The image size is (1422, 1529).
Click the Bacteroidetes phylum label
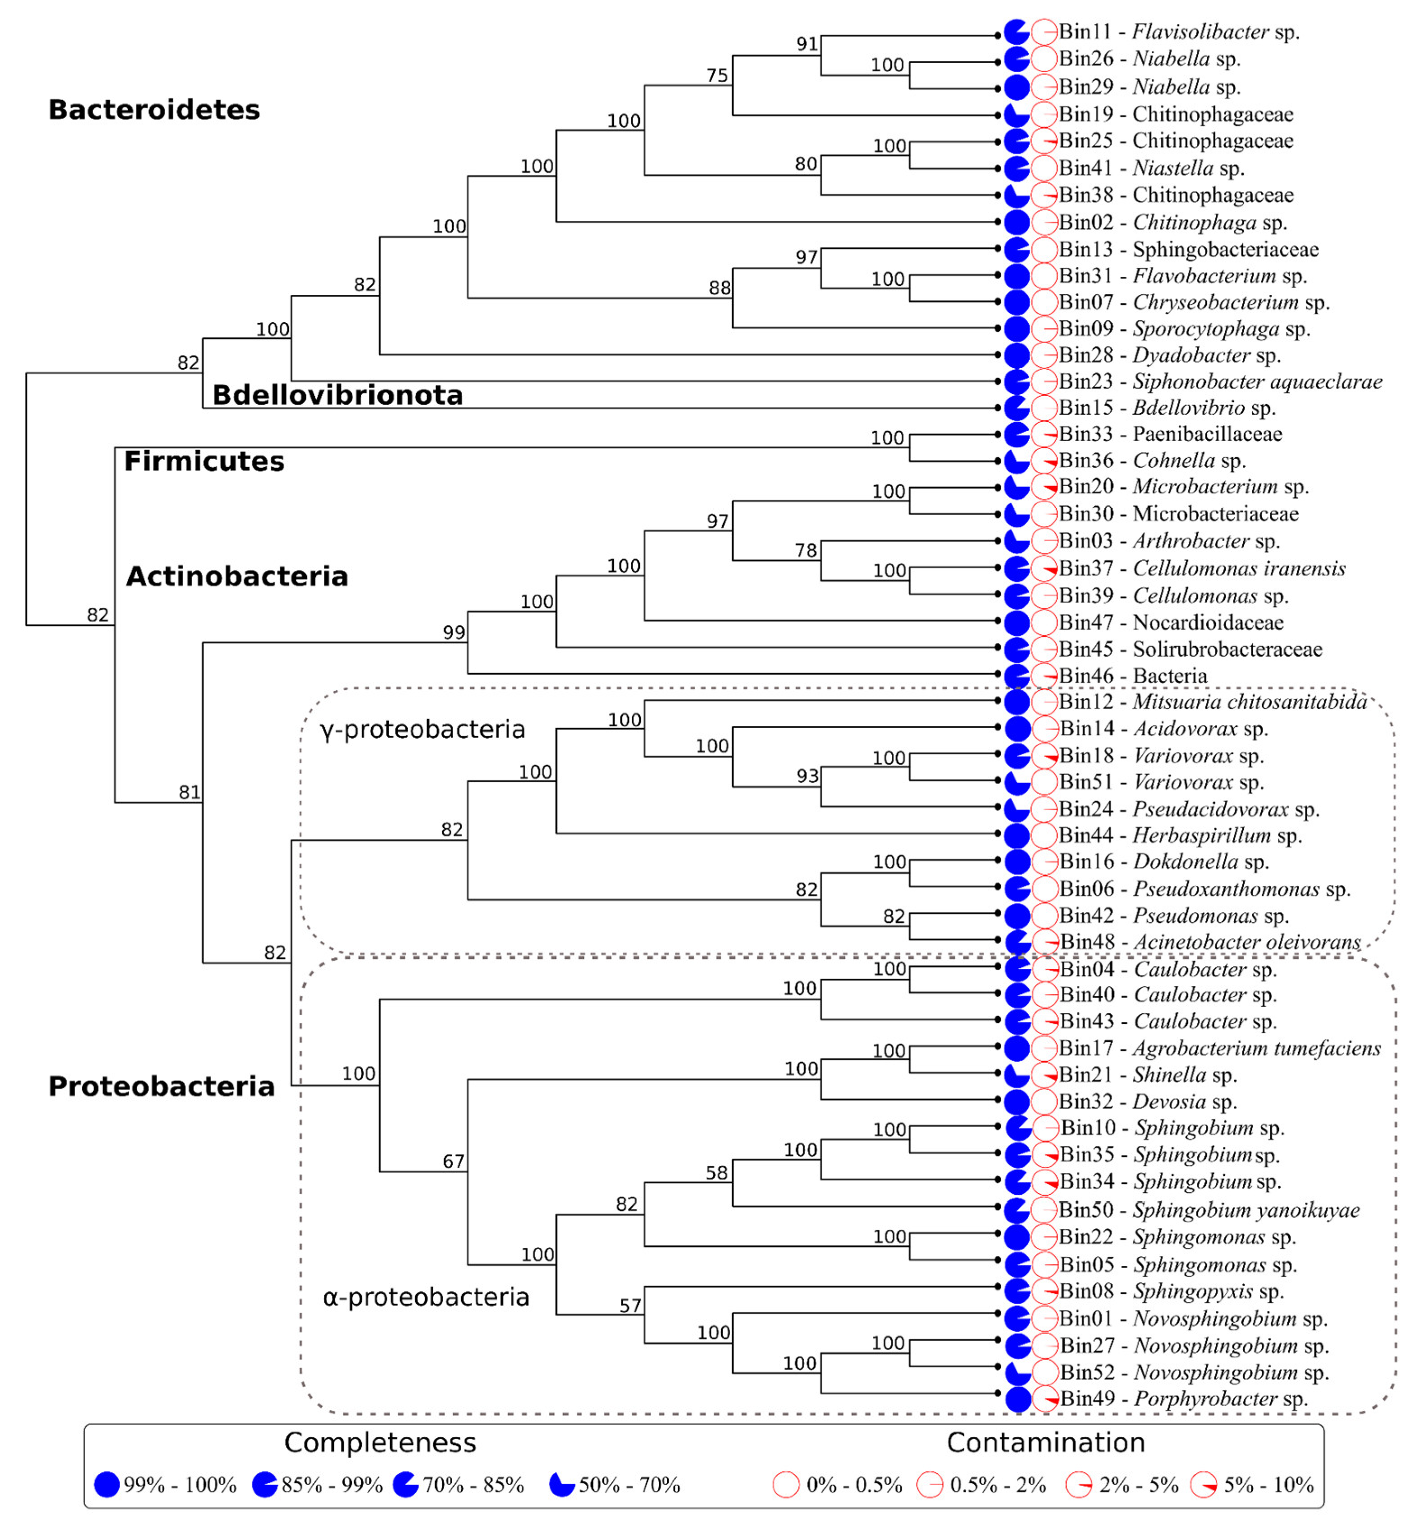pyautogui.click(x=154, y=110)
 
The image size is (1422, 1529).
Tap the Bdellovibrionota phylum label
pyautogui.click(x=337, y=395)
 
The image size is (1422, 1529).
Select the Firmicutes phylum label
pyautogui.click(x=204, y=461)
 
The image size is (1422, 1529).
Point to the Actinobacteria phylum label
pyautogui.click(x=237, y=576)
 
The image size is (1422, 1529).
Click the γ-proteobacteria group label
pyautogui.click(x=422, y=729)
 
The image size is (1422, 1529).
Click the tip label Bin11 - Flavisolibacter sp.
pyautogui.click(x=1178, y=33)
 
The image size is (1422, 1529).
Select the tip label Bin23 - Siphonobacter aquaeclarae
pyautogui.click(x=1220, y=381)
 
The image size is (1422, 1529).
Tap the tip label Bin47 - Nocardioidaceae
pyautogui.click(x=1171, y=622)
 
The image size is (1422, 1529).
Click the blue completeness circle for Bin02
pyautogui.click(x=1017, y=222)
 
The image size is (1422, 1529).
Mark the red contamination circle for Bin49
pyautogui.click(x=1044, y=1399)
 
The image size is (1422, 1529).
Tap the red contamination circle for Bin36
pyautogui.click(x=1044, y=461)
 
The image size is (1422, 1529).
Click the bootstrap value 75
pyautogui.click(x=717, y=75)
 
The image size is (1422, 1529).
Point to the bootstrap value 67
pyautogui.click(x=454, y=1162)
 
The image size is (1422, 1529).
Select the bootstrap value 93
pyautogui.click(x=807, y=776)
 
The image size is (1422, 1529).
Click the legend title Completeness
pyautogui.click(x=380, y=1443)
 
